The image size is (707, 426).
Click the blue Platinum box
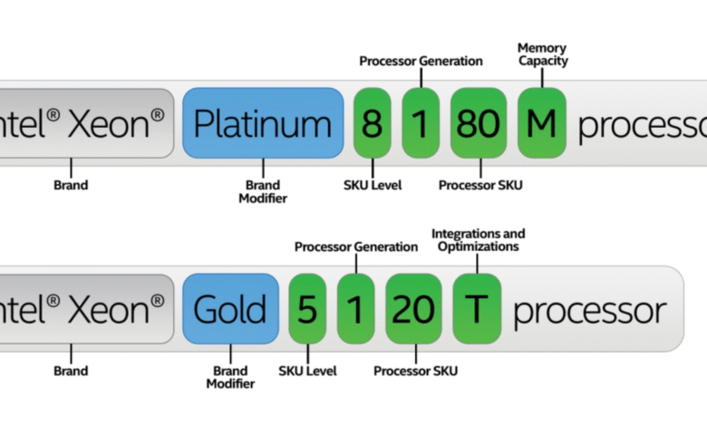pyautogui.click(x=263, y=124)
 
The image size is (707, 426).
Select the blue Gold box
pyautogui.click(x=230, y=309)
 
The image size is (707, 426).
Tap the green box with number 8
pyautogui.click(x=373, y=124)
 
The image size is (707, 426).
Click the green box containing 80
pyautogui.click(x=478, y=124)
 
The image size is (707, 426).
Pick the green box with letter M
pyautogui.click(x=542, y=124)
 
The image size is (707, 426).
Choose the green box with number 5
pyautogui.click(x=307, y=309)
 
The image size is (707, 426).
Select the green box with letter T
pyautogui.click(x=476, y=309)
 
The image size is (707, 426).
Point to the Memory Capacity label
pyautogui.click(x=542, y=54)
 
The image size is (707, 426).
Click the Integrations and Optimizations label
pyautogui.click(x=478, y=239)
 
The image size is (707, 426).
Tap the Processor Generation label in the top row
pyautogui.click(x=421, y=62)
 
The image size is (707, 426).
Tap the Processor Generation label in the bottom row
pyautogui.click(x=356, y=247)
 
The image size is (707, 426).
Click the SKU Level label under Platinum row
pyautogui.click(x=373, y=186)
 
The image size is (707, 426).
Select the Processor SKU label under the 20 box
pyautogui.click(x=416, y=371)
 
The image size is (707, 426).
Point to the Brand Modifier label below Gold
pyautogui.click(x=230, y=376)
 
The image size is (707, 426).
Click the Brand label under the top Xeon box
pyautogui.click(x=70, y=186)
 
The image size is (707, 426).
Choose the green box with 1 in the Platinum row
pyautogui.click(x=421, y=124)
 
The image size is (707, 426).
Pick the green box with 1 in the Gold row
pyautogui.click(x=356, y=309)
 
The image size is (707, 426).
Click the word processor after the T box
pyautogui.click(x=589, y=311)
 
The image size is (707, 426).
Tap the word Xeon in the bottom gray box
pyautogui.click(x=113, y=309)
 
